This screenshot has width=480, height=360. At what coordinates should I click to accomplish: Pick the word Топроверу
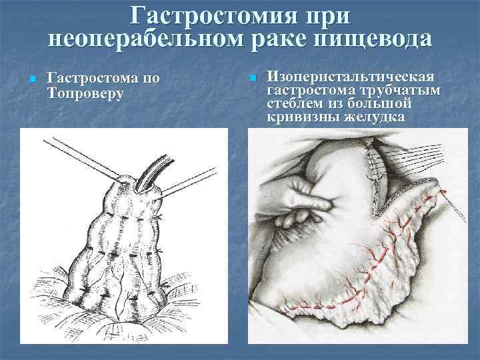tap(87, 93)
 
